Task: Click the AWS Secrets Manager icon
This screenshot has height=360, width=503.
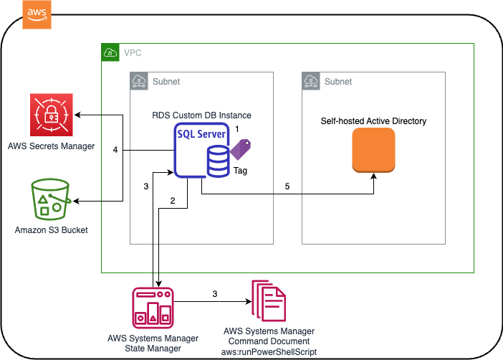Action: [51, 115]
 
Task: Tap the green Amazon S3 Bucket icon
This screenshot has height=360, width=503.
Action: [51, 199]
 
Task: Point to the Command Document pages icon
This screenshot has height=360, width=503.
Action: [269, 301]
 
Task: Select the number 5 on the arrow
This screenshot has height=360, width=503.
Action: [288, 186]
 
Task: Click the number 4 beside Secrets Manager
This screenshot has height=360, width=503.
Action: [115, 150]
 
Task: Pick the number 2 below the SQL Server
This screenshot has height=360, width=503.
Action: [173, 201]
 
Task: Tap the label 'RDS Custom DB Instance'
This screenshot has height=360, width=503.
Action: [201, 115]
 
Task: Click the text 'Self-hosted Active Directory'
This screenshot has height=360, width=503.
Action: [373, 121]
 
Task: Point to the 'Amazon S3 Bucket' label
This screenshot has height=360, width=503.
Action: [51, 230]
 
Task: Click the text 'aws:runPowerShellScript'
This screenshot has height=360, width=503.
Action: [269, 351]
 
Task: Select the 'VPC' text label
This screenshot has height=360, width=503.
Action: [133, 53]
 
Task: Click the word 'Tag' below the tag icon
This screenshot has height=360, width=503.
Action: [241, 171]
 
